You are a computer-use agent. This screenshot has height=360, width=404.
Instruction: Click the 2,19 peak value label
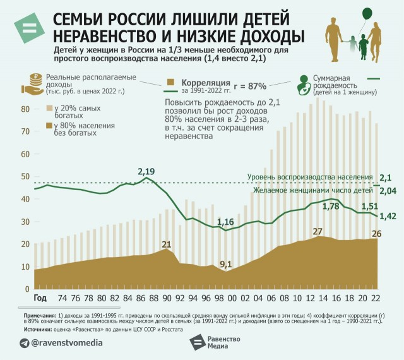[146, 172]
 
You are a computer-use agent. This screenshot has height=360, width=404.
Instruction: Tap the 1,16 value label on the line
[226, 222]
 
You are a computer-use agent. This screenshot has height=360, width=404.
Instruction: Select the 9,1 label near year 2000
[226, 265]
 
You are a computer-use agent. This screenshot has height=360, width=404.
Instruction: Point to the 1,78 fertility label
[331, 206]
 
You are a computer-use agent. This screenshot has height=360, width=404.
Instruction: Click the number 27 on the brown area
[318, 231]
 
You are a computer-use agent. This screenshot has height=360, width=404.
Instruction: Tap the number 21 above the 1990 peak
[167, 244]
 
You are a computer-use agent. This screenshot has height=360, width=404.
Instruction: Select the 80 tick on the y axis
[25, 109]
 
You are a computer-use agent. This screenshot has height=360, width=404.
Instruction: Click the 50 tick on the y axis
[25, 176]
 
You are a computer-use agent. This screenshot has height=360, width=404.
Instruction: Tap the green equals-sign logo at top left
[28, 28]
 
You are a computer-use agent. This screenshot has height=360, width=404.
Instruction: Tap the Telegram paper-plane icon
[25, 342]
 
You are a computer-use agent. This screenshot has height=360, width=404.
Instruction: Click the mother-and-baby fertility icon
[304, 87]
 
